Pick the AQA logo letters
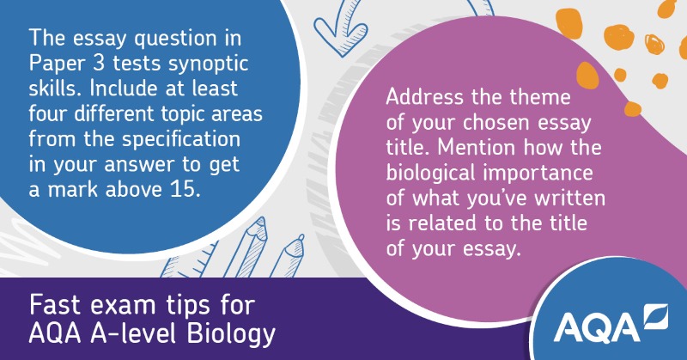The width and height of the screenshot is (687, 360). [595, 327]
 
